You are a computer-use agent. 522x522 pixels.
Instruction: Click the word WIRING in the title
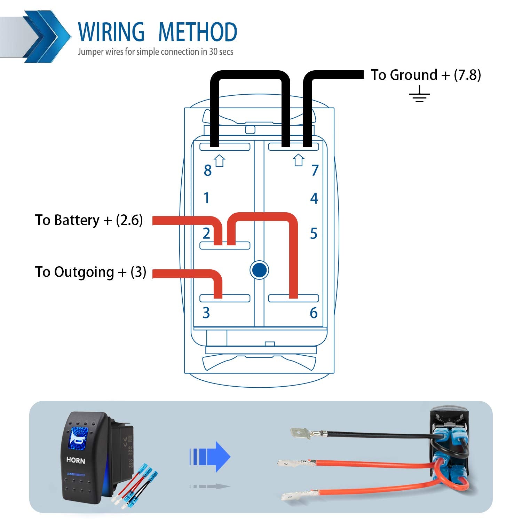(x=111, y=32)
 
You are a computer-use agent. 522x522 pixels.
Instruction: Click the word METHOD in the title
(x=197, y=32)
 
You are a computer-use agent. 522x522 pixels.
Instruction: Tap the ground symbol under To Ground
(x=419, y=94)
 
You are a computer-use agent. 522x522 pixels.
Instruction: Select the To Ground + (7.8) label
(x=426, y=75)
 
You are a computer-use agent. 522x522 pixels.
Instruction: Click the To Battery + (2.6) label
(x=89, y=220)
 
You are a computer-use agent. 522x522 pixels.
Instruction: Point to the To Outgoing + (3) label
(x=90, y=272)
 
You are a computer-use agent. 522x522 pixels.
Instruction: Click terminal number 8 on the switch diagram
(x=207, y=171)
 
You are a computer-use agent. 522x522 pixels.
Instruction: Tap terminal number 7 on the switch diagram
(x=315, y=170)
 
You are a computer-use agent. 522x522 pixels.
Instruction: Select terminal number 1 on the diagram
(x=207, y=198)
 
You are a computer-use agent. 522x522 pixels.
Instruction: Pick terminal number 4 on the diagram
(x=314, y=198)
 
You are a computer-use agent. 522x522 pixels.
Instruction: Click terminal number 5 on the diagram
(x=314, y=234)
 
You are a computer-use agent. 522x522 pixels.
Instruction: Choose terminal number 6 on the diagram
(x=314, y=313)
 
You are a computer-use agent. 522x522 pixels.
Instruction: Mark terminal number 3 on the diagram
(x=206, y=313)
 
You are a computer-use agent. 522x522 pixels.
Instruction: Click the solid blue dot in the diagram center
(x=259, y=270)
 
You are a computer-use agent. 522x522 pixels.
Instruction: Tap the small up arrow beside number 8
(x=220, y=161)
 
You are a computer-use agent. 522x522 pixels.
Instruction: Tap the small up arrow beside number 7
(x=298, y=160)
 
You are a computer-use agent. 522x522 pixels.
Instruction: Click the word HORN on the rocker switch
(x=76, y=460)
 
